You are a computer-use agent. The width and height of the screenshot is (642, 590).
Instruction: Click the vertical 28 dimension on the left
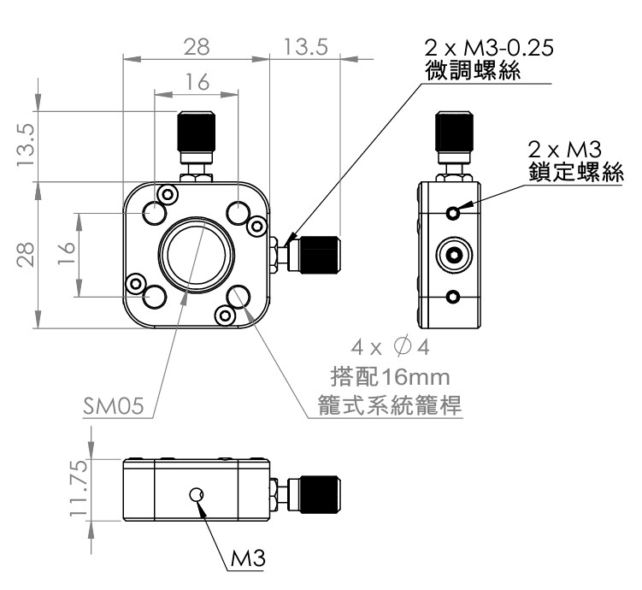coord(27,255)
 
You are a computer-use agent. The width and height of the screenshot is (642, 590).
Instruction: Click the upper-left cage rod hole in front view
coord(156,212)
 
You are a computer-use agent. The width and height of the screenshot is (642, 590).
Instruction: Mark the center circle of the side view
coord(453,255)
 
